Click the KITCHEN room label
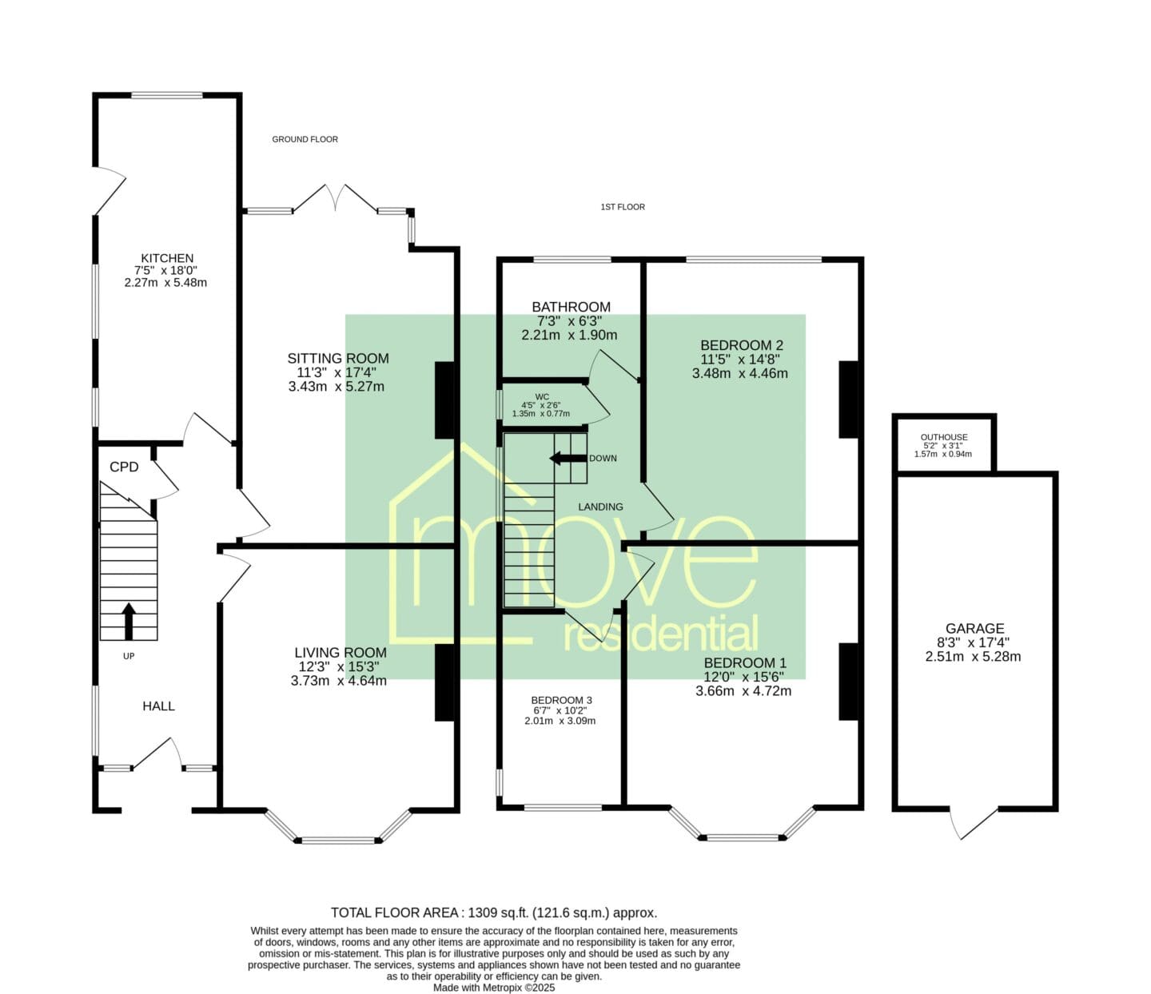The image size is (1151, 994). [167, 258]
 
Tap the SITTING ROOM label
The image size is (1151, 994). [338, 359]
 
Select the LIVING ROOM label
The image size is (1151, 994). [341, 652]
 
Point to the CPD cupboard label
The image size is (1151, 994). [124, 467]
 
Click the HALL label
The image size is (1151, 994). [159, 706]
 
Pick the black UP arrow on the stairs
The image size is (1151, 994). [129, 621]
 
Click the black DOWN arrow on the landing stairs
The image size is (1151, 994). [568, 459]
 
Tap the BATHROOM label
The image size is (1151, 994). [571, 307]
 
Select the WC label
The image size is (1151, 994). [542, 397]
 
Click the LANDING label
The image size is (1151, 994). [600, 507]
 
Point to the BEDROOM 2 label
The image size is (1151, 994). [742, 345]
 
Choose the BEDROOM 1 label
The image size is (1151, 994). [745, 663]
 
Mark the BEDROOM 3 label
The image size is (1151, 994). [561, 700]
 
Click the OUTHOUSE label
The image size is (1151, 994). [944, 437]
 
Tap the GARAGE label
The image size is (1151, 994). [974, 628]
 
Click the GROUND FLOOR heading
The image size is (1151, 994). [305, 139]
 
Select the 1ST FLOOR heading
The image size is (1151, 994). [623, 207]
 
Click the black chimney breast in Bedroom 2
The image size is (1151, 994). [849, 399]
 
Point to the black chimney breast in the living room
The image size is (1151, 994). [444, 683]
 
